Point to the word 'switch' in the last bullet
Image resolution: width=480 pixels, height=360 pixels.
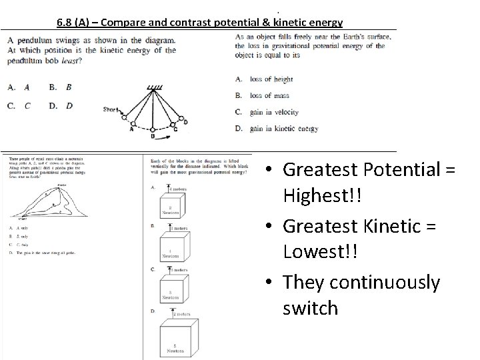(310, 308)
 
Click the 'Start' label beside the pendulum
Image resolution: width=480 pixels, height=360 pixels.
(111, 109)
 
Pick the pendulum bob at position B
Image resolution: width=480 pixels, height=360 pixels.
(153, 130)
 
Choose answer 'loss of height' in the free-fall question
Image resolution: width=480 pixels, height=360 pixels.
(271, 79)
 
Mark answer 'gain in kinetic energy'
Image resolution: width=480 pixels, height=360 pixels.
(283, 129)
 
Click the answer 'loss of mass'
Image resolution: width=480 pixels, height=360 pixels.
(270, 96)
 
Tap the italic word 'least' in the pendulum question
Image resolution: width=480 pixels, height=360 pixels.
(69, 61)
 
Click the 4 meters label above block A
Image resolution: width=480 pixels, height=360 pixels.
(177, 190)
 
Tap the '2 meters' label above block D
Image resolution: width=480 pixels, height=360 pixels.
(180, 313)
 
